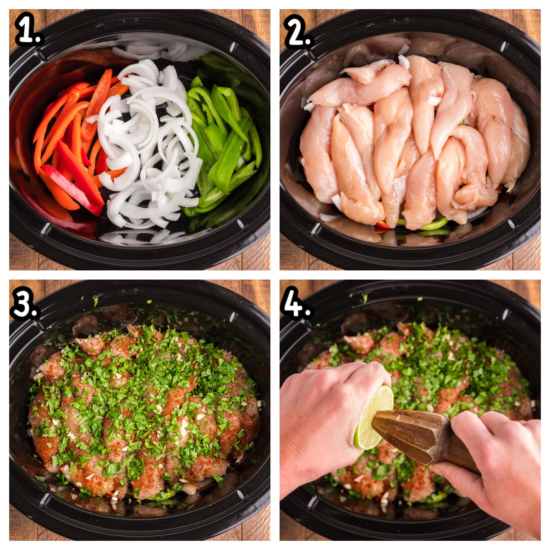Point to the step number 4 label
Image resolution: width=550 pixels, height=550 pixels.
pyautogui.click(x=296, y=302)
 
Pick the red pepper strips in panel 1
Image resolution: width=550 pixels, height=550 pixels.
pyautogui.click(x=69, y=147)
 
